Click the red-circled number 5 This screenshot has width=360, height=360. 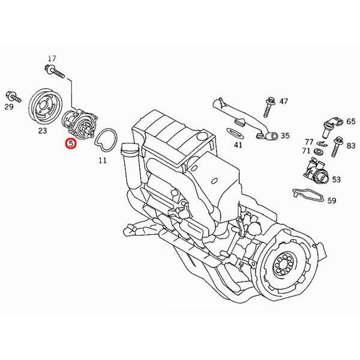(71, 143)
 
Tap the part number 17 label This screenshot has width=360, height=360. (52, 58)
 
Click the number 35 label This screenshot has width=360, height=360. (285, 136)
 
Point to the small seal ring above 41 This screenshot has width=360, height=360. (235, 131)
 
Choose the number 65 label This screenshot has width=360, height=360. (350, 121)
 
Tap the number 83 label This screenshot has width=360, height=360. (350, 145)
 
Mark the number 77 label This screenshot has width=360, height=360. (309, 142)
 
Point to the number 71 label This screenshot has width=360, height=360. (306, 151)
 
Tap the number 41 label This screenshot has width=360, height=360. (238, 145)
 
